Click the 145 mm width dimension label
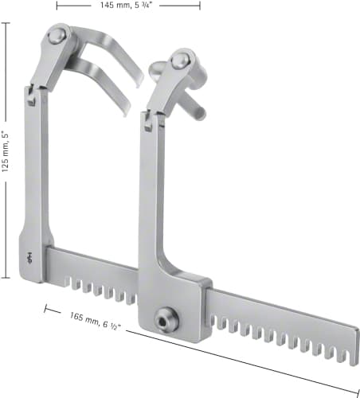tap(126, 5)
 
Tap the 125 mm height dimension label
tap(5, 151)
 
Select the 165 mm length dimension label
tap(95, 321)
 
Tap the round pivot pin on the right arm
tap(178, 60)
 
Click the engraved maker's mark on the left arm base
tap(29, 258)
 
